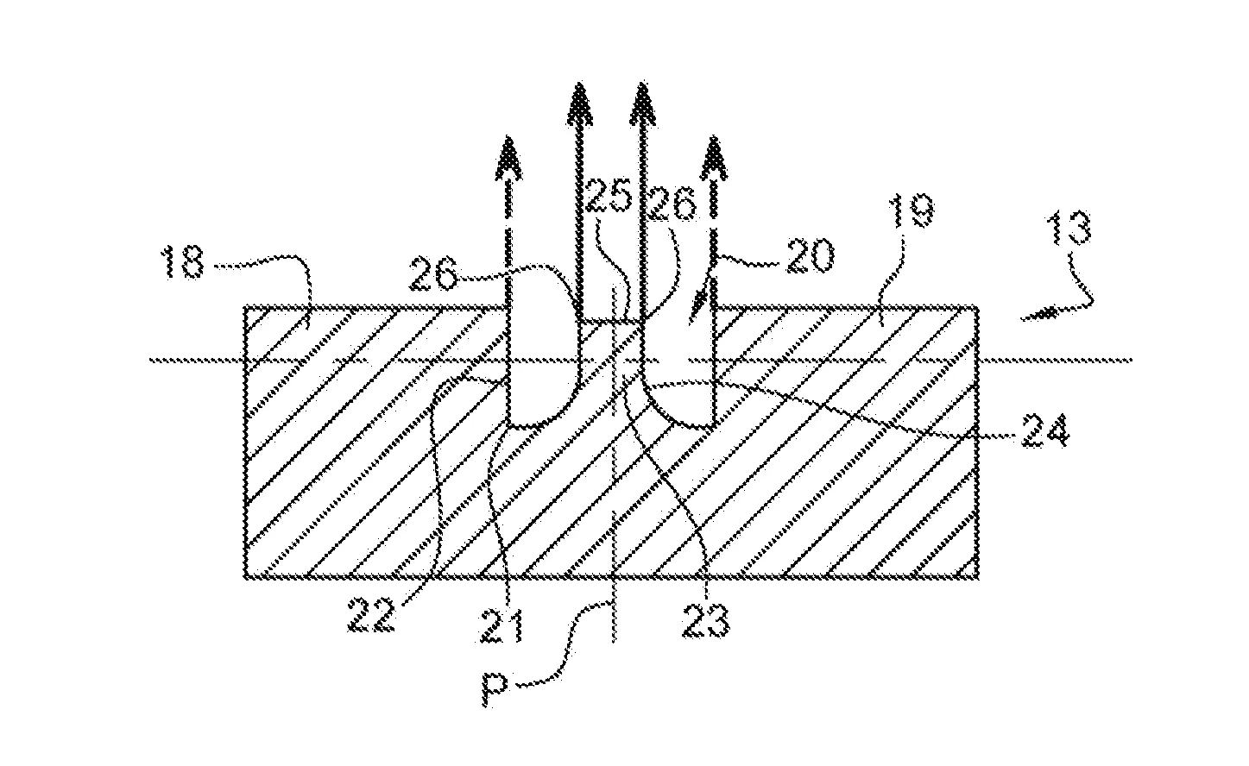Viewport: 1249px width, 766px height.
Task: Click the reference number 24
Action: point(1046,429)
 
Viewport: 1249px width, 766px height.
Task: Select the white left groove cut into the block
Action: point(544,362)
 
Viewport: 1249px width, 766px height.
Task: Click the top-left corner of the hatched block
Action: point(246,307)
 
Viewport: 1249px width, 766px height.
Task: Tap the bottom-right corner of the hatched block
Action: point(978,576)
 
